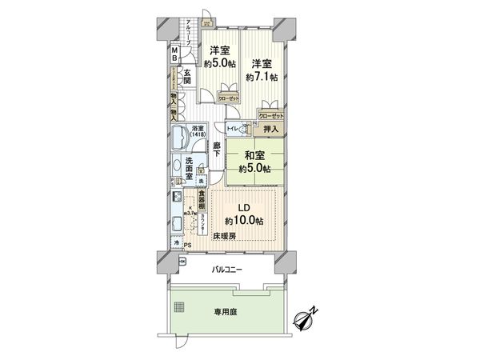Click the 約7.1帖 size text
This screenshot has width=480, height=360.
tap(262, 77)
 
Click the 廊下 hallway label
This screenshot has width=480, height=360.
tap(216, 149)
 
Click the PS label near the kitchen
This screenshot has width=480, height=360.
tap(187, 245)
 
